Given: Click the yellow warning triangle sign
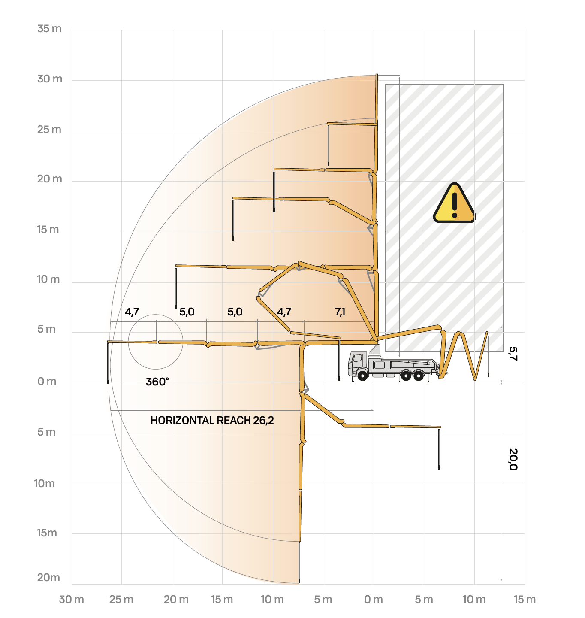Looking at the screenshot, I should [x=454, y=204].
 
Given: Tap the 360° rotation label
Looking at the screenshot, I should [x=157, y=382].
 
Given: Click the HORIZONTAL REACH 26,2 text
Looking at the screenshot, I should [x=212, y=420].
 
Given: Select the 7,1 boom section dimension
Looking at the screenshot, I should [x=340, y=312].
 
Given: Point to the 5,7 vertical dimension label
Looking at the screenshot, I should [x=513, y=354].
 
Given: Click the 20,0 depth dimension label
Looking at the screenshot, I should [x=513, y=459].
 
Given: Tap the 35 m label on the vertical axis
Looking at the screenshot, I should [x=49, y=29].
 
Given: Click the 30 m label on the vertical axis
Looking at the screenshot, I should [x=50, y=79].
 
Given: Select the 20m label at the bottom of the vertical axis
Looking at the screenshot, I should [x=48, y=577].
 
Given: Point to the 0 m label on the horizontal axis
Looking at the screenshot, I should [x=373, y=599].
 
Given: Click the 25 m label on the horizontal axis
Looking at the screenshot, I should [x=121, y=599].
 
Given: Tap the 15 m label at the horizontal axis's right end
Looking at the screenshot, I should [x=525, y=599].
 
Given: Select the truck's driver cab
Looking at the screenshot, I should [x=358, y=363].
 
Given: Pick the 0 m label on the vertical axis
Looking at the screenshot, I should [x=47, y=381].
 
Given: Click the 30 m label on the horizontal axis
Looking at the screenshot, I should [x=71, y=599].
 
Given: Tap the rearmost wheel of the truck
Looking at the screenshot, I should [x=418, y=376].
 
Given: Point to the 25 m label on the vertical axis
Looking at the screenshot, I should [x=49, y=130].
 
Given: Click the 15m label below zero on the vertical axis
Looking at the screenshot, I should [x=47, y=533].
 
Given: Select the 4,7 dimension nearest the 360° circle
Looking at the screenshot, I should [x=132, y=312].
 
